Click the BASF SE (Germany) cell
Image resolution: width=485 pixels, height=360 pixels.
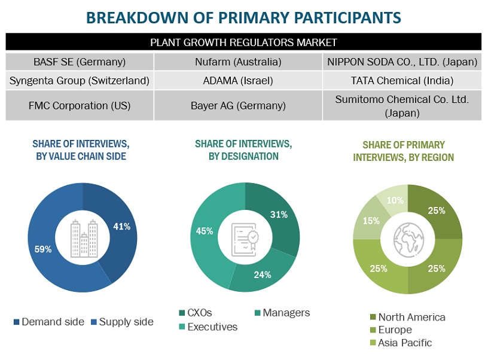point(80,62)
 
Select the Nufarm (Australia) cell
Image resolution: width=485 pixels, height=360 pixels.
point(238,62)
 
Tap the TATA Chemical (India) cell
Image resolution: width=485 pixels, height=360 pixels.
point(402,80)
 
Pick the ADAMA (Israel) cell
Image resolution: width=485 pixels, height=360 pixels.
point(238,80)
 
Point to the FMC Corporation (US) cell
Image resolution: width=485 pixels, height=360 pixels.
point(80,105)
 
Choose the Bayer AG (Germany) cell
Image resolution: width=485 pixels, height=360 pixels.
point(238,105)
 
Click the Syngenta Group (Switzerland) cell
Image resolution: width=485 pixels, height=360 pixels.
point(80,80)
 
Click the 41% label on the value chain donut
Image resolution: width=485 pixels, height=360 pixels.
point(122,226)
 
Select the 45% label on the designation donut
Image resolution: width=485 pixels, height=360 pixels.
point(205,231)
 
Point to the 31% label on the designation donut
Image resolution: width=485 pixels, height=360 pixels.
point(279,214)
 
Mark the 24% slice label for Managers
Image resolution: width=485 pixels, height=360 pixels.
point(263,274)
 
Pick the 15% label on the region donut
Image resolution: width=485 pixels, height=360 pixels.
point(370,221)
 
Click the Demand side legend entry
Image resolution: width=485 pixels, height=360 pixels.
point(49,322)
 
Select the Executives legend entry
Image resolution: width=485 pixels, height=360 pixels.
point(208,327)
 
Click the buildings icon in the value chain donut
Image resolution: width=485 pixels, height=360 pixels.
point(83,239)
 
